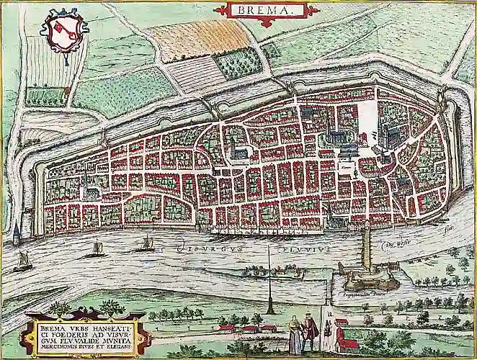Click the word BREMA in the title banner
click(x=264, y=10)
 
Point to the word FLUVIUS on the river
click(x=307, y=249)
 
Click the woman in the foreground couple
click(x=294, y=336)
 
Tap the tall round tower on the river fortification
click(x=366, y=245)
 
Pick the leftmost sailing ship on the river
click(x=24, y=261)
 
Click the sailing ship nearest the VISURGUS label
click(x=147, y=244)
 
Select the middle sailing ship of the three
click(x=95, y=250)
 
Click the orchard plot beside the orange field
click(x=238, y=64)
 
